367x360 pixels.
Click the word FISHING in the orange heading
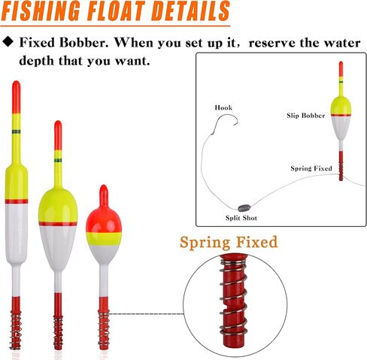click(41, 11)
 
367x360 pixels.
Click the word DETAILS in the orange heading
click(190, 11)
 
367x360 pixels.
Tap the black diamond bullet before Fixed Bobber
click(8, 41)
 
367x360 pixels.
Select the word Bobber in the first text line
click(84, 43)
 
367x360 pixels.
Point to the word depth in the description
click(36, 61)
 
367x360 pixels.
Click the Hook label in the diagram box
click(223, 107)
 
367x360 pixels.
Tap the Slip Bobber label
click(306, 116)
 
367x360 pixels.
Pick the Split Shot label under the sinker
click(241, 218)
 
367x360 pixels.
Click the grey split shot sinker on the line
click(243, 207)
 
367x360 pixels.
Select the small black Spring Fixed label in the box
click(311, 168)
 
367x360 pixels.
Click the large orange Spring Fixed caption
click(229, 242)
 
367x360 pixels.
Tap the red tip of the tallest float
click(17, 97)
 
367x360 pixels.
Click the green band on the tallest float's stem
click(17, 132)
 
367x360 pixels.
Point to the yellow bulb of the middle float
click(58, 205)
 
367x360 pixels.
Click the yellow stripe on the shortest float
click(104, 238)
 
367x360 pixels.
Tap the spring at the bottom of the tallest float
click(15, 329)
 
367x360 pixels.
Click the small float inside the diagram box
click(341, 121)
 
